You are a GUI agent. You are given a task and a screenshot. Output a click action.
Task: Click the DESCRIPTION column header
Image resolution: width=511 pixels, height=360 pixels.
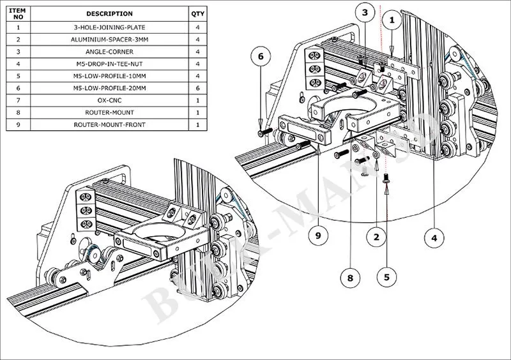point(109,13)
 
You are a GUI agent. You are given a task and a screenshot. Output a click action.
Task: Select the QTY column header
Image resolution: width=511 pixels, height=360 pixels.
point(198,13)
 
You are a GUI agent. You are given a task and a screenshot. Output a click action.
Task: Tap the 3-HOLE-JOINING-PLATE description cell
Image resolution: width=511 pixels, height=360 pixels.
point(109,27)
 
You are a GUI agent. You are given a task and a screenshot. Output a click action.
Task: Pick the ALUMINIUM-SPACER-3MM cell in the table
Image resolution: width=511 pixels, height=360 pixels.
point(109,40)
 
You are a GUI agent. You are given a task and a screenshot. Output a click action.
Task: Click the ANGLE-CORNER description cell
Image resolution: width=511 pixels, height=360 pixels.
point(109,52)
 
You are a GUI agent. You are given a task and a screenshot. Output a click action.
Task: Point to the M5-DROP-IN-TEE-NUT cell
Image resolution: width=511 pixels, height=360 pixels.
point(109,64)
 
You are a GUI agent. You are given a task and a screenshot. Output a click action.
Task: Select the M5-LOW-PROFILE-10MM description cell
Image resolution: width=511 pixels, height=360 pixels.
point(109,76)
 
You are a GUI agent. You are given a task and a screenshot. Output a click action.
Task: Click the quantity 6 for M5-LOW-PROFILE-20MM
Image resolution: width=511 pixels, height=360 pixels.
point(198,88)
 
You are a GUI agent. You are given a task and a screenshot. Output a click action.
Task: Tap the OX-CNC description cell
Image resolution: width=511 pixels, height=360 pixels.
point(109,100)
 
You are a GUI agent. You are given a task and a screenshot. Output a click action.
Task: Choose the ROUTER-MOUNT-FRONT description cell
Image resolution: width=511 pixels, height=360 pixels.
point(109,124)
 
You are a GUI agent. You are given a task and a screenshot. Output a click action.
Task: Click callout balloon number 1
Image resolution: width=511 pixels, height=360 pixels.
point(392,20)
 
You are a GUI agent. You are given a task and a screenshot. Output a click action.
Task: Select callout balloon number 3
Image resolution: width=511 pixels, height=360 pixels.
point(365,12)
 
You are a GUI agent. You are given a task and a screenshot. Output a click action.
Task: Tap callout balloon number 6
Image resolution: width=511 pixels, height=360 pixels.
point(260,57)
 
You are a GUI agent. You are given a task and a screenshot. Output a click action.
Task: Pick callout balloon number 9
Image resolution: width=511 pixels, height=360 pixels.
point(317,236)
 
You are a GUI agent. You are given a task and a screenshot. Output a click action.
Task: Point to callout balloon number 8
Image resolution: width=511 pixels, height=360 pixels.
point(350,278)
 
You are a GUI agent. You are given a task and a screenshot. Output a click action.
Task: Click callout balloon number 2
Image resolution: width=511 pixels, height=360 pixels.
point(377,237)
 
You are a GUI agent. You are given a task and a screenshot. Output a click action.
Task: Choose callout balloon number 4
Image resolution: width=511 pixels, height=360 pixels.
point(434,238)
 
